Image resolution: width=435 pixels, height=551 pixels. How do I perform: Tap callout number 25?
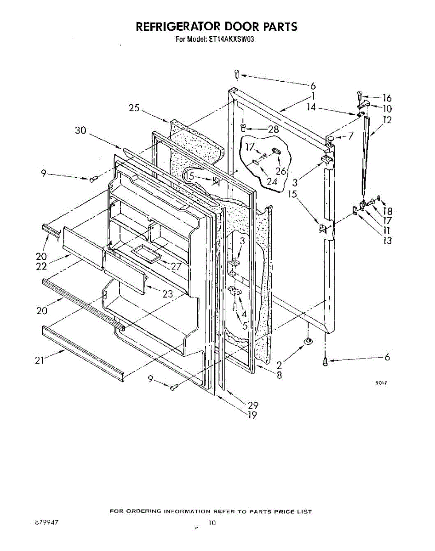point(134,108)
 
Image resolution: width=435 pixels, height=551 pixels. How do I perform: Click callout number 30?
point(80,130)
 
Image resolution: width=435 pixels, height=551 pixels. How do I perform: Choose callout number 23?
point(167,294)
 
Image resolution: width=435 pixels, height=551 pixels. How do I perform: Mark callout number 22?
point(42,265)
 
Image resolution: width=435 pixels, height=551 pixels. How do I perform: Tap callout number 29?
point(253,405)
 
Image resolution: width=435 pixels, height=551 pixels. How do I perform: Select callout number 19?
point(252,415)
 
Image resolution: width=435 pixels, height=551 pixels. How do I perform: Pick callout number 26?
point(281,171)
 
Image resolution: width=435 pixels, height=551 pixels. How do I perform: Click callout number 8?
point(280,375)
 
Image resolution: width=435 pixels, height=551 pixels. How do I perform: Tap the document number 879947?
point(46,523)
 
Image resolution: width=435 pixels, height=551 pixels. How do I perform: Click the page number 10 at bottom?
point(212,523)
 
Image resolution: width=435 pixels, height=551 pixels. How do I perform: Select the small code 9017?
point(380,383)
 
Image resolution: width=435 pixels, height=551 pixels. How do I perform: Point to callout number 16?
point(387,98)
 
